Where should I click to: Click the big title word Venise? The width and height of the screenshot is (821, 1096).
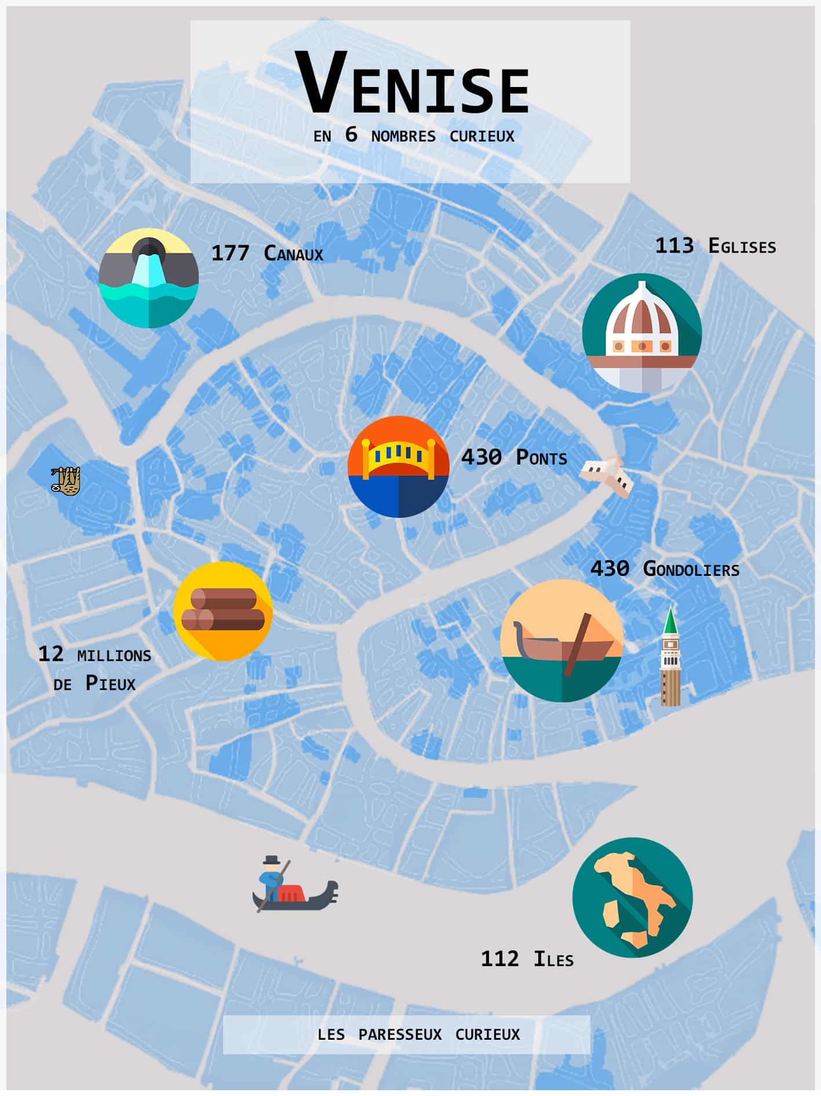(x=412, y=85)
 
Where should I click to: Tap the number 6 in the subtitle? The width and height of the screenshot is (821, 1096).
(x=351, y=135)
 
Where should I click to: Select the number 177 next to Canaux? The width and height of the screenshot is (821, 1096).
(x=230, y=253)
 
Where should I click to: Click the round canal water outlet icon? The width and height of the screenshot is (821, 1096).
(x=148, y=278)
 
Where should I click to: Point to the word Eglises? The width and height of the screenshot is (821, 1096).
(x=742, y=246)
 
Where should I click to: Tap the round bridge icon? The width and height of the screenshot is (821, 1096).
(x=399, y=466)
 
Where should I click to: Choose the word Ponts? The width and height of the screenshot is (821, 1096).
(x=541, y=458)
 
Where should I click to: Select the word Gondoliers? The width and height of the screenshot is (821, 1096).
(x=691, y=569)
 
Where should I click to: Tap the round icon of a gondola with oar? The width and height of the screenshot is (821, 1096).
(x=561, y=640)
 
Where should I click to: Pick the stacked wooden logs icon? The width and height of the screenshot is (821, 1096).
(x=223, y=611)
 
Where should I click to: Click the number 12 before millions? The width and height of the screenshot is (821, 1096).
(x=50, y=655)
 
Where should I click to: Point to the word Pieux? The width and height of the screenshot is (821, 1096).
(x=111, y=683)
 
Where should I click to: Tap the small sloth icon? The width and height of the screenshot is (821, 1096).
(x=65, y=481)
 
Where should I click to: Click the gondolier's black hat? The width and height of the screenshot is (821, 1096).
(x=272, y=859)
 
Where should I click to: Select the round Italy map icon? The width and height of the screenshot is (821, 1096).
(x=632, y=897)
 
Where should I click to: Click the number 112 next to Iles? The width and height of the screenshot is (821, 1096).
(x=499, y=959)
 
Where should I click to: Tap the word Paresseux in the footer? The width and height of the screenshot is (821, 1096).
(x=400, y=1035)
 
